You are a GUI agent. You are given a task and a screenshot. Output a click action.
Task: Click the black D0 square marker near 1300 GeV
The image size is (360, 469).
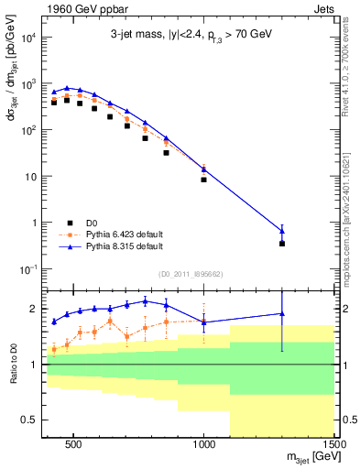tap(282, 244)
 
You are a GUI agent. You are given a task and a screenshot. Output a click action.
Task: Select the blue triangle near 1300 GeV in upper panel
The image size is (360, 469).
tap(282, 230)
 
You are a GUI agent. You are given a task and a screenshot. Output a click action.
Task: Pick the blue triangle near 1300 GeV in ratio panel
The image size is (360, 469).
tap(282, 314)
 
